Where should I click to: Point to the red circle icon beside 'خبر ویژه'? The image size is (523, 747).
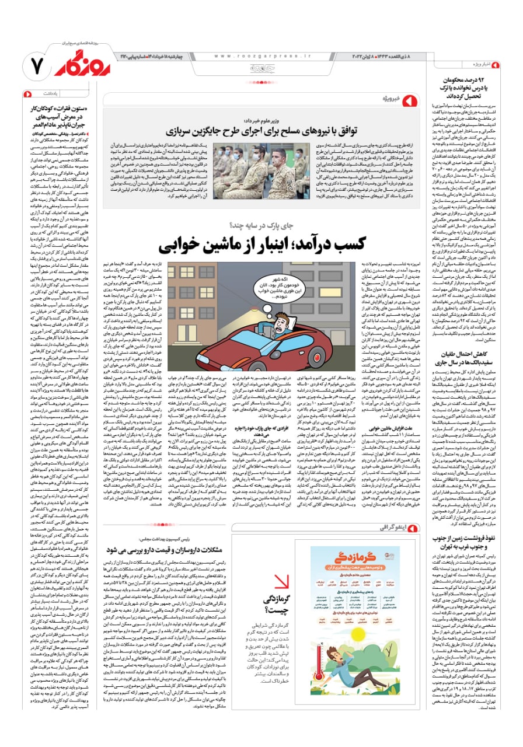click(x=412, y=100)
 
